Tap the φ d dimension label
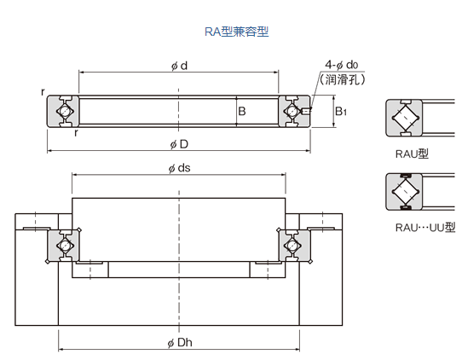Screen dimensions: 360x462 click(179, 65)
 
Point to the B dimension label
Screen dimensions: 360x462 click(242, 111)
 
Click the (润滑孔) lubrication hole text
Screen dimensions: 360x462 click(342, 79)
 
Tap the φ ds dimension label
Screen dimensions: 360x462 click(179, 167)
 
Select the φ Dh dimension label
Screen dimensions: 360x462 click(179, 342)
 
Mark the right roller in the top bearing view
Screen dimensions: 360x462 click(292, 111)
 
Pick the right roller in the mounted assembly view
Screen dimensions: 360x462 click(292, 245)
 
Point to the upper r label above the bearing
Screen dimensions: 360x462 click(42, 90)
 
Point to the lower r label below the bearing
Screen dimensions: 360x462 click(76, 133)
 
